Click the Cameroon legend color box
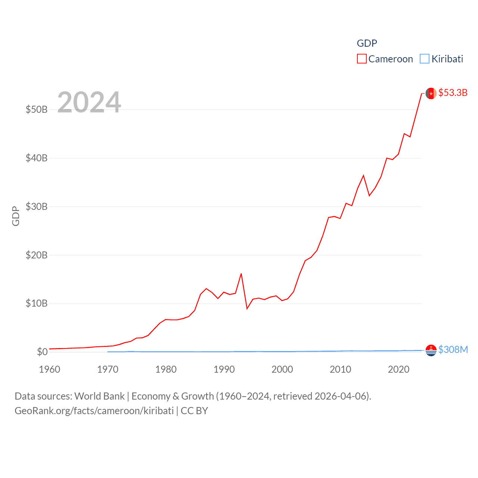coord(361,59)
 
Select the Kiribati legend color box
coord(425,59)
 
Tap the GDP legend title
coord(367,43)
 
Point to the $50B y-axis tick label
coord(37,109)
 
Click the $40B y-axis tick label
coord(37,158)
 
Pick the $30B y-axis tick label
coord(37,207)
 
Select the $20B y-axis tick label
coord(37,255)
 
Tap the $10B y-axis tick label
coord(37,303)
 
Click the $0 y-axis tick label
coord(42,352)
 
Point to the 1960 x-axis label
coord(50,369)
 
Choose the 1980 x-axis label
coord(166,369)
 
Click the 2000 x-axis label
coord(282,369)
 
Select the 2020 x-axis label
coord(399,369)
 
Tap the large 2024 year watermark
coord(89,102)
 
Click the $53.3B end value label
coord(453,93)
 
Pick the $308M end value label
coord(453,350)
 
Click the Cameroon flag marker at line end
coord(431,93)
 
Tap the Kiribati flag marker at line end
coord(431,350)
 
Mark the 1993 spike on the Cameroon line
coord(241,274)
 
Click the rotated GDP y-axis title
coord(16,216)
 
